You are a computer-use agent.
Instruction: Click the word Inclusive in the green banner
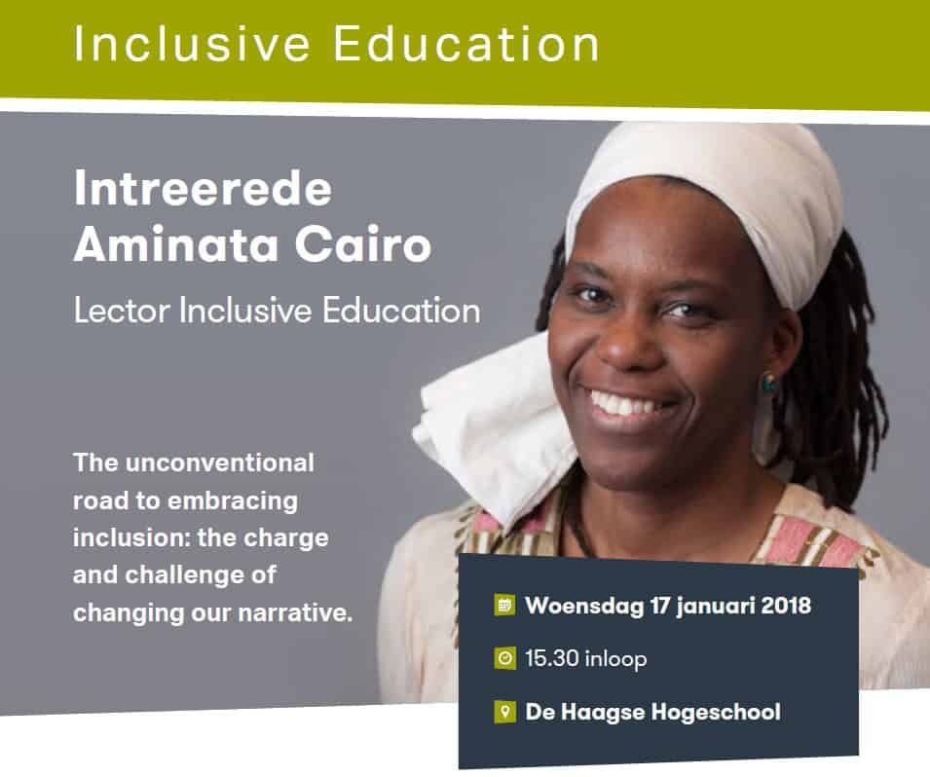click(192, 44)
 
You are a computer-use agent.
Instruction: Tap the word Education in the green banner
click(466, 44)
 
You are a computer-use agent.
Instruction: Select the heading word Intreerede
click(203, 188)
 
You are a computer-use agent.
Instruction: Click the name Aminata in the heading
click(176, 243)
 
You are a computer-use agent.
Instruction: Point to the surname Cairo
click(363, 243)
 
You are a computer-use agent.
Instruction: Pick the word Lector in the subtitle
click(122, 311)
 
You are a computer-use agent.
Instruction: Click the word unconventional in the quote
click(219, 462)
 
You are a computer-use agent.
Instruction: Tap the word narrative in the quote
click(295, 612)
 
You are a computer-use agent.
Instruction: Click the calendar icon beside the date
click(504, 605)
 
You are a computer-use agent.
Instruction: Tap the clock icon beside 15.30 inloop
click(504, 658)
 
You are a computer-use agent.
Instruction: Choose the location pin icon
click(504, 711)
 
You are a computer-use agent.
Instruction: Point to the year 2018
click(786, 605)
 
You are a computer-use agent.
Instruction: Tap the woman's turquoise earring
click(768, 382)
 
